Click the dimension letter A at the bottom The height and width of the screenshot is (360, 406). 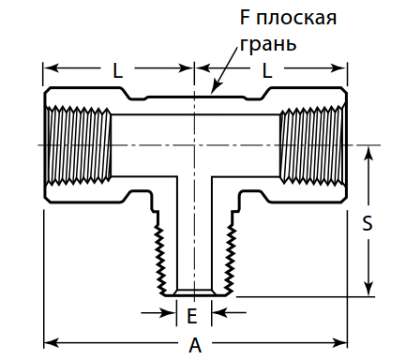tap(195, 345)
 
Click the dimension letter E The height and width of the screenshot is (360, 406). tap(192, 315)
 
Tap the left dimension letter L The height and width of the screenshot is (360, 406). tap(117, 69)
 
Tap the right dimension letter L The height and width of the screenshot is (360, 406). tap(267, 69)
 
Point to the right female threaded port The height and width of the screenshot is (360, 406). tap(312, 145)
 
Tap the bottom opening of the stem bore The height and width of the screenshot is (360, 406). tap(194, 292)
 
